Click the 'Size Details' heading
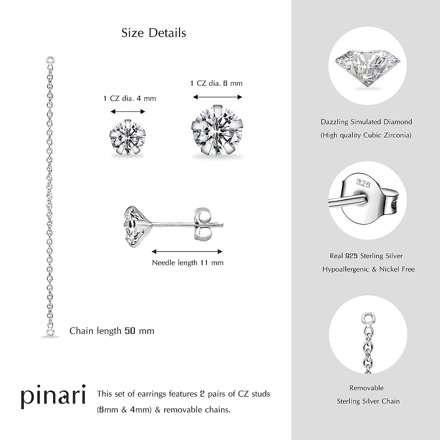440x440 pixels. click(x=154, y=33)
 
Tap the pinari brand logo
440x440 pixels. click(x=53, y=396)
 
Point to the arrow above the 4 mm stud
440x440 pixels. click(x=128, y=112)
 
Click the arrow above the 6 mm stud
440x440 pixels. click(x=218, y=97)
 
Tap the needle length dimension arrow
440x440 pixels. click(x=187, y=252)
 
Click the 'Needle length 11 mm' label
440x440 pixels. click(x=188, y=263)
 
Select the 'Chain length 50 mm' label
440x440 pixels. click(x=112, y=331)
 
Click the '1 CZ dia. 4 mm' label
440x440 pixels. click(x=130, y=98)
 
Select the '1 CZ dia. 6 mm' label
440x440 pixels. click(x=216, y=83)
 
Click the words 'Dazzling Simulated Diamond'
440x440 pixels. click(x=366, y=122)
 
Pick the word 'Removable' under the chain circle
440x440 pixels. click(x=366, y=388)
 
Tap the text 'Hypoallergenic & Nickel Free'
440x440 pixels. click(x=368, y=269)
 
